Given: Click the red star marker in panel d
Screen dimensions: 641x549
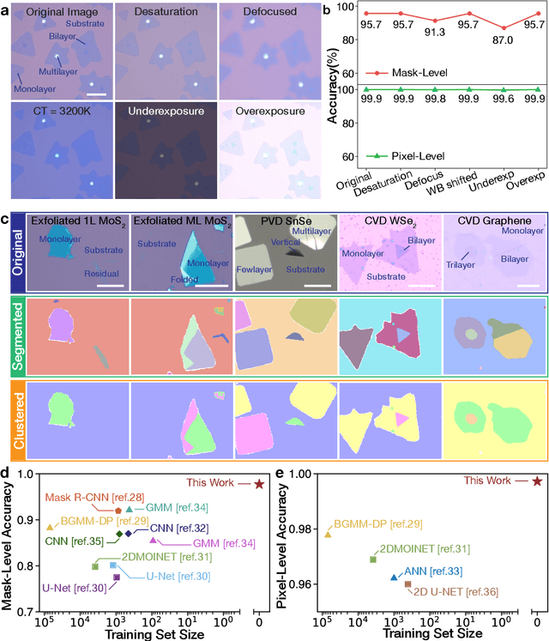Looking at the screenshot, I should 259,484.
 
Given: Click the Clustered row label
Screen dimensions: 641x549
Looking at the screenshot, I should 15,423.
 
